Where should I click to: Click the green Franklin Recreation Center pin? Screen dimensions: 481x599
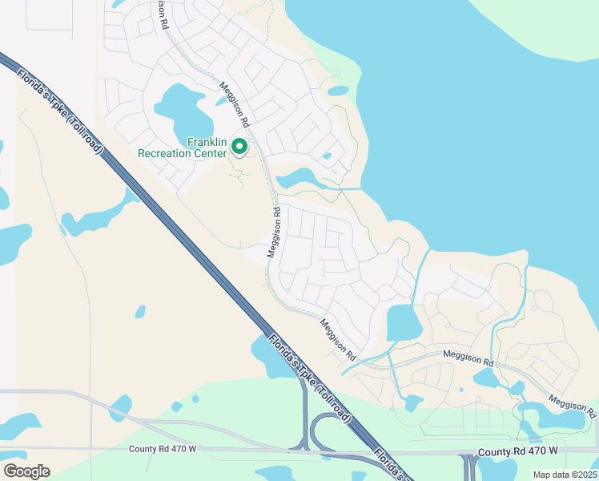point(239,146)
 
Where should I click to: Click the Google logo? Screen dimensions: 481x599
point(26,471)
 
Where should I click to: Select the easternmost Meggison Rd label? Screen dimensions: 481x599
point(572,406)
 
